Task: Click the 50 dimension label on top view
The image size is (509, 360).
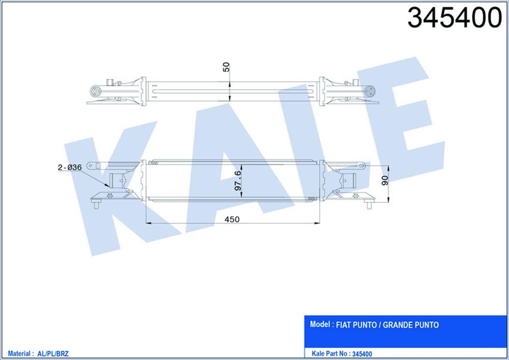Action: coord(227,67)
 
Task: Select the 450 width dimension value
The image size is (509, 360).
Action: coord(232,219)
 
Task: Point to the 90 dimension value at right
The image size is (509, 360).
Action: coord(385,181)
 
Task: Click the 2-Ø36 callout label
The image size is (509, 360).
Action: coord(69,167)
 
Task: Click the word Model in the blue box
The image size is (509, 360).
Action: coord(320,325)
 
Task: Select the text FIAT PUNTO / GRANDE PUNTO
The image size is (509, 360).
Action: coord(387,325)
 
